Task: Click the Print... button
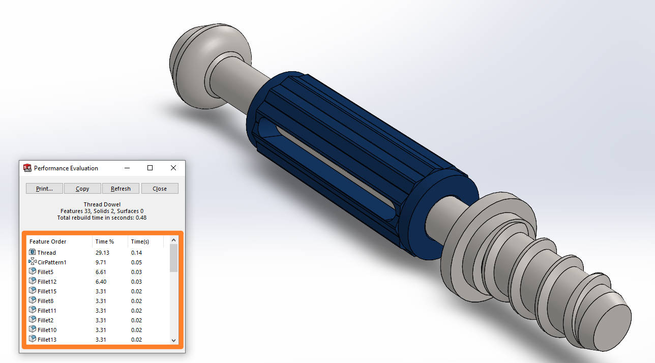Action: (44, 189)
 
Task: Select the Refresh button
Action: (121, 189)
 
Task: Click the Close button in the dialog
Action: (160, 189)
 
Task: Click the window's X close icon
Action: (173, 168)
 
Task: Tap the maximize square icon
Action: (150, 168)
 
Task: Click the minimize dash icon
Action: (127, 168)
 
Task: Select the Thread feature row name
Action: (47, 253)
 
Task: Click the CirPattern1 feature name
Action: (52, 262)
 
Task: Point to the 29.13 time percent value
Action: (102, 253)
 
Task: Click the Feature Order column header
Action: (48, 241)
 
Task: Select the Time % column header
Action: (105, 241)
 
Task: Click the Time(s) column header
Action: (140, 241)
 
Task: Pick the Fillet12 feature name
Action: (47, 282)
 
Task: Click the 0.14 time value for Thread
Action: (136, 253)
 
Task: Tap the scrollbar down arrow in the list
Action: (173, 340)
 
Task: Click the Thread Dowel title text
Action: (102, 204)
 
